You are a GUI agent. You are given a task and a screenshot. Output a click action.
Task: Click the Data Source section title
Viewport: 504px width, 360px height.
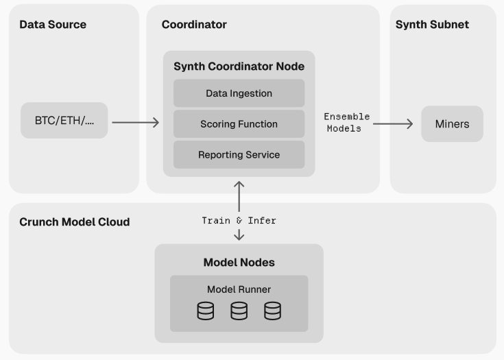53,25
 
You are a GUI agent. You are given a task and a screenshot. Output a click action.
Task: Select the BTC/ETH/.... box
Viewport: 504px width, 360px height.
64,121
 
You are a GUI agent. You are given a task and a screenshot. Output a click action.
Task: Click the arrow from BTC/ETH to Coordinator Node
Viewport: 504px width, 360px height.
135,123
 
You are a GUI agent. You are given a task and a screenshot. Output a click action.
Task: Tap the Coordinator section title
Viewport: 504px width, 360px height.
194,25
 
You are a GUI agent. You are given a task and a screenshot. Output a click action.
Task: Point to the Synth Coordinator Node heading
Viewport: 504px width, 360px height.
239,67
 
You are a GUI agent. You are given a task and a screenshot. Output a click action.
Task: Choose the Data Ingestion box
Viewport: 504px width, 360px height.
239,93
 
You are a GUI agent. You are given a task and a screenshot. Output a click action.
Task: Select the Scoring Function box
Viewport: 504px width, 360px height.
239,124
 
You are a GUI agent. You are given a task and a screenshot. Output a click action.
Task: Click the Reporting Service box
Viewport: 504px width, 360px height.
239,155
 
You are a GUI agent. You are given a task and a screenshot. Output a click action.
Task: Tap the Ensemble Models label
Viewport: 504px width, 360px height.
346,123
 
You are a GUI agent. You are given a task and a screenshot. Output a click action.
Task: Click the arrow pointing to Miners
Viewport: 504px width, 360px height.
393,123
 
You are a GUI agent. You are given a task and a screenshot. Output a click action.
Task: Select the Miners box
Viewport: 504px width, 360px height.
452,124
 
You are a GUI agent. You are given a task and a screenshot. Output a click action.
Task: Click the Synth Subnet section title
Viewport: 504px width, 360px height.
432,25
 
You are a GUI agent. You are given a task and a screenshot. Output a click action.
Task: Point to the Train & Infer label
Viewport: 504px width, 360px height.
239,221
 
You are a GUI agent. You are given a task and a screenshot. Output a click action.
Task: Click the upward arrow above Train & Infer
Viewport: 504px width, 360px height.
239,196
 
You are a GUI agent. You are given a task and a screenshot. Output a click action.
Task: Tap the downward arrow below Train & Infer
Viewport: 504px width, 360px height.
239,235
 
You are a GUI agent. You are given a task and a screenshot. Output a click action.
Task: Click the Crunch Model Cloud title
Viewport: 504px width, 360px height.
74,222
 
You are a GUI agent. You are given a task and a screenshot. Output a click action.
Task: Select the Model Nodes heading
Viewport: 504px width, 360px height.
239,263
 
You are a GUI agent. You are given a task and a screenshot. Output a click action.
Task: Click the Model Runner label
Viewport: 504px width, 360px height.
239,289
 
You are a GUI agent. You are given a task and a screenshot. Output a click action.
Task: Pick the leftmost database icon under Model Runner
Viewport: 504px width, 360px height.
206,311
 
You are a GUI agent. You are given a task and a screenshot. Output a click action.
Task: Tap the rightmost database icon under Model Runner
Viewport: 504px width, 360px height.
272,311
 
